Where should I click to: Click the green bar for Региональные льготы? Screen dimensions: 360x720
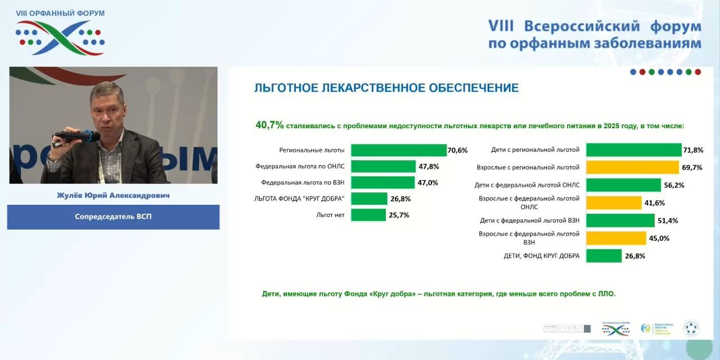pyautogui.click(x=398, y=150)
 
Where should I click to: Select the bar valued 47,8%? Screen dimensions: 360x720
pyautogui.click(x=383, y=166)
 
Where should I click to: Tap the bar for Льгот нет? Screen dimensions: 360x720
pyautogui.click(x=368, y=215)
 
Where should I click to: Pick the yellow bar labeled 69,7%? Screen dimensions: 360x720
pyautogui.click(x=632, y=167)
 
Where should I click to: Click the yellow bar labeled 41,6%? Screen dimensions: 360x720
pyautogui.click(x=614, y=202)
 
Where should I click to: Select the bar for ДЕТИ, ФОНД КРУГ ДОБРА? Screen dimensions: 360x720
pyautogui.click(x=604, y=256)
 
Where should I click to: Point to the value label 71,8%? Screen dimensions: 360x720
pyautogui.click(x=694, y=150)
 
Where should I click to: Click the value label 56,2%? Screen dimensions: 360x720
pyautogui.click(x=674, y=185)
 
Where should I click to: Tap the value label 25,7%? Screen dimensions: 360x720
pyautogui.click(x=399, y=215)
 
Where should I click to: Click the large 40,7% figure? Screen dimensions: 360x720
pyautogui.click(x=269, y=125)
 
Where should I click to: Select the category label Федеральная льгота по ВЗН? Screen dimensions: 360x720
pyautogui.click(x=303, y=182)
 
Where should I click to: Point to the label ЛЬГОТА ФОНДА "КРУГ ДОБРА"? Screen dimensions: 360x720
pyautogui.click(x=299, y=199)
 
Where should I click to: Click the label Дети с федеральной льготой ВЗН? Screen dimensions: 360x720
pyautogui.click(x=529, y=220)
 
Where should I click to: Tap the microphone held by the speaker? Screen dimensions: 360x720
pyautogui.click(x=74, y=136)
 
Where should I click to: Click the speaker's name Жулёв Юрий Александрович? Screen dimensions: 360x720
pyautogui.click(x=113, y=195)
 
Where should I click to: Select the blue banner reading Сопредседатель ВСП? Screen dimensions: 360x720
pyautogui.click(x=113, y=217)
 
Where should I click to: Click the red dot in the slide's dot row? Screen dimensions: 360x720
pyautogui.click(x=697, y=72)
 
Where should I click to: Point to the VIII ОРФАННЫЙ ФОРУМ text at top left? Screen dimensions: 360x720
pyautogui.click(x=60, y=13)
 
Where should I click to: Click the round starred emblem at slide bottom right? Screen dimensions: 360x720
pyautogui.click(x=691, y=328)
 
